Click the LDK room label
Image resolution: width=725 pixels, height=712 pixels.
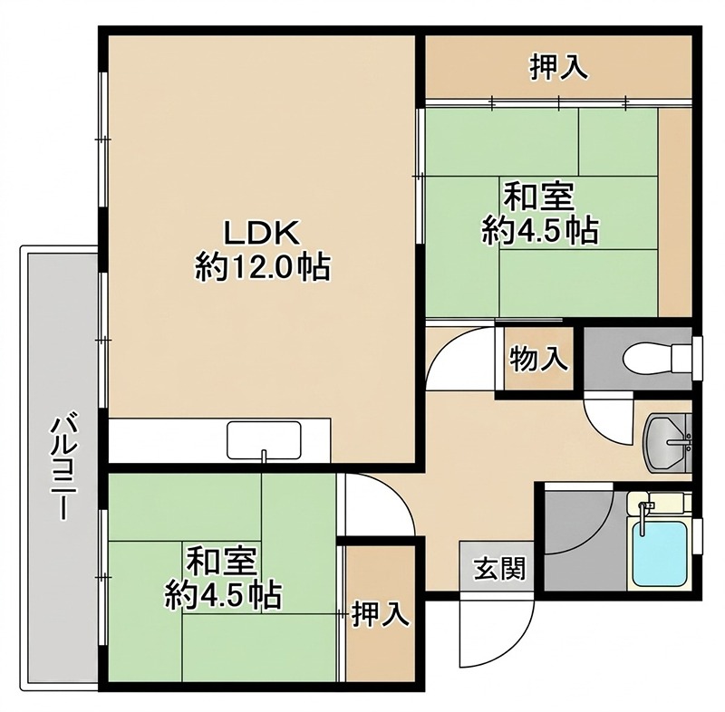tap(261, 233)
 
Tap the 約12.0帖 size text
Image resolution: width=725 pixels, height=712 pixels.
tap(261, 267)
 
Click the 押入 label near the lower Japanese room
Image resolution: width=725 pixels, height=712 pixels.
tap(378, 615)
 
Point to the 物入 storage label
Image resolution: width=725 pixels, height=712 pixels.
tap(539, 359)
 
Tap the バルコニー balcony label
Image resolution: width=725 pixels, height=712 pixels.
tap(61, 466)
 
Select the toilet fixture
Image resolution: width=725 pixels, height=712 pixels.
tap(648, 358)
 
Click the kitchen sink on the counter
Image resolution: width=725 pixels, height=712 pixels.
tap(264, 443)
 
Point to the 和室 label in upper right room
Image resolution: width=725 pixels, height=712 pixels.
tap(539, 196)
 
